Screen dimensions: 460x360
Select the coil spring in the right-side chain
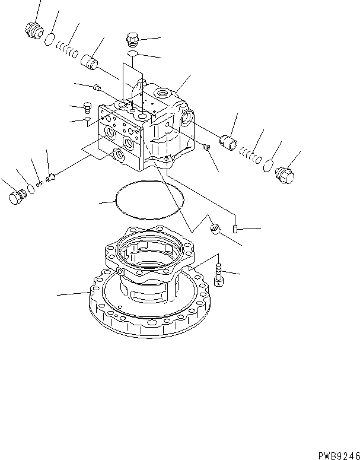coord(251,156)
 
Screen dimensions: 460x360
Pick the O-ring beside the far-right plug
coord(269,166)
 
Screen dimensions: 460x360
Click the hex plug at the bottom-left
coord(17,197)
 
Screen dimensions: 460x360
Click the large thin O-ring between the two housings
coord(149,201)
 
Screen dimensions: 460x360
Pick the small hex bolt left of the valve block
coord(87,107)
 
